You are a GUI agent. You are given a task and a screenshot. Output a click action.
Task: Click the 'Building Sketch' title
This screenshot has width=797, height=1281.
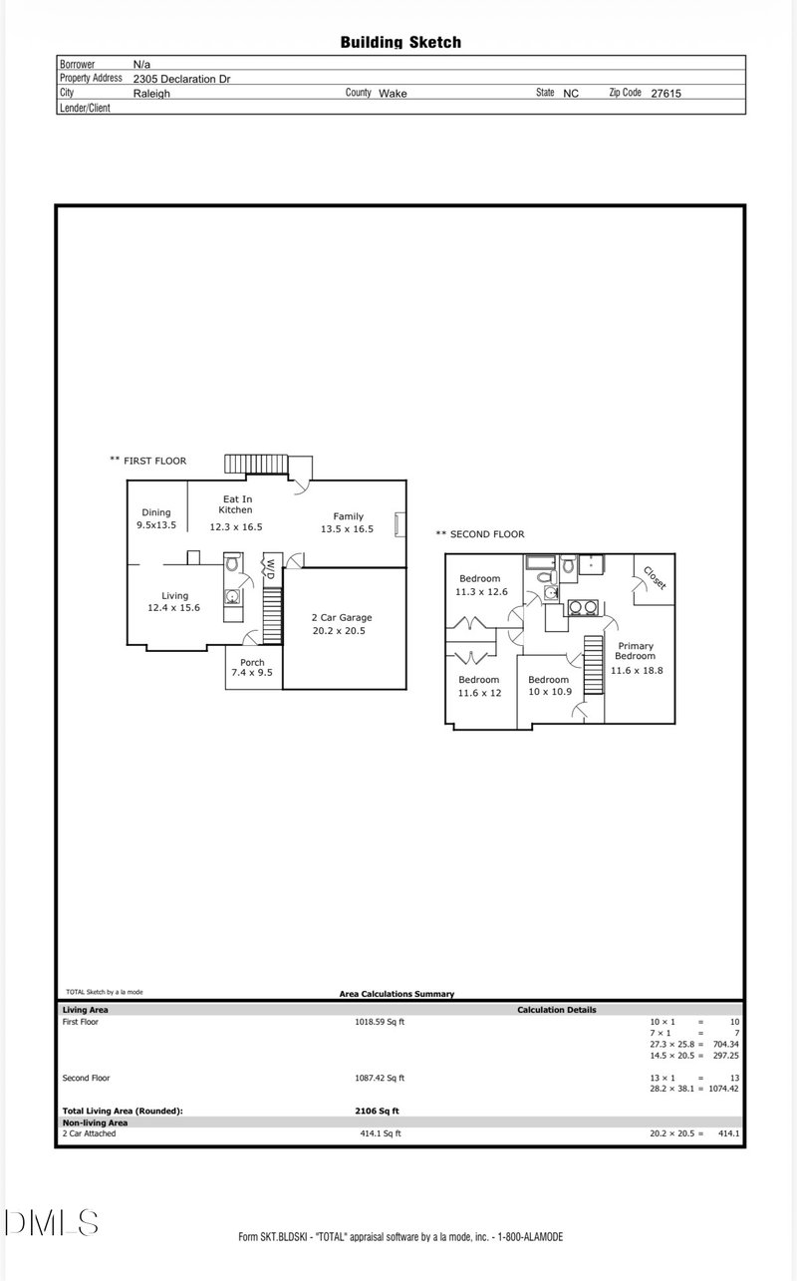pos(400,42)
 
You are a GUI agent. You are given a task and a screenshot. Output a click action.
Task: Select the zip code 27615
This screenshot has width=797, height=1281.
pos(666,94)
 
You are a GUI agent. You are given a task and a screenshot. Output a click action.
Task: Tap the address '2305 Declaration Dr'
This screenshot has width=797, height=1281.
pos(181,79)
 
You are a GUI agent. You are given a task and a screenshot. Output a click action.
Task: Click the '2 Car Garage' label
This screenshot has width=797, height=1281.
pos(342,617)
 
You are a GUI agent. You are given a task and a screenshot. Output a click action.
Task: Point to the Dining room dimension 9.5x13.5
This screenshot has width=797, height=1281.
pos(156,525)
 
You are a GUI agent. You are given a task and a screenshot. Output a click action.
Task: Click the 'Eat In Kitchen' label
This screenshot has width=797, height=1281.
pos(236,504)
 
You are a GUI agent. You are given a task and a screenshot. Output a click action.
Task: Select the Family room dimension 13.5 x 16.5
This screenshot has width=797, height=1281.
pos(347,529)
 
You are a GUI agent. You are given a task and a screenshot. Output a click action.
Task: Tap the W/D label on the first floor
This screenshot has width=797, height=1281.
pos(271,569)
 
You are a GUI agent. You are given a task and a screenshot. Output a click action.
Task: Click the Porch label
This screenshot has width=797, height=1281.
pos(252,662)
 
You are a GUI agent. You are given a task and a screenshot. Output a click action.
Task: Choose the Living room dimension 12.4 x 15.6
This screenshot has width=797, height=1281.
pos(173,608)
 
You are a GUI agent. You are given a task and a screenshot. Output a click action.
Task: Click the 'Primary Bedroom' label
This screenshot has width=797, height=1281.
pos(636,651)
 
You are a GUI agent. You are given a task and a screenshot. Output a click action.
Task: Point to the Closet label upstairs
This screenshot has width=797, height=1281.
pos(655,577)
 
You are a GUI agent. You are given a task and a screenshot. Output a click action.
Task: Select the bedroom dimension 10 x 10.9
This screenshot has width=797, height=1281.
pos(550,692)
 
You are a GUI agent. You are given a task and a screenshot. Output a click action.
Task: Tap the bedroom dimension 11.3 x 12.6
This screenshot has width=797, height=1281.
pos(481,592)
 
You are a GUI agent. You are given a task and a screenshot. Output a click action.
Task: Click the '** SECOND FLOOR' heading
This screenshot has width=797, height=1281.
pos(480,534)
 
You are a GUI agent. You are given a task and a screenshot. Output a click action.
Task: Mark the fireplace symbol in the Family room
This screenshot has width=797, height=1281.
pos(399,524)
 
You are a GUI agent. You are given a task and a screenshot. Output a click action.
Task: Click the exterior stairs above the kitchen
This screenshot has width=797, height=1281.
pos(255,464)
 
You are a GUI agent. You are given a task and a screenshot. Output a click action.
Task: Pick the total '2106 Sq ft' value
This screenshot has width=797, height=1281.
pos(377,1111)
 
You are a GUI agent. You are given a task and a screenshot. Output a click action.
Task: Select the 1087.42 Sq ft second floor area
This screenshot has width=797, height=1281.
pos(380,1078)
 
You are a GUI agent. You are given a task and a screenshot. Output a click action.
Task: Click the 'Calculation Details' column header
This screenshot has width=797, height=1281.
pos(557,1010)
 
